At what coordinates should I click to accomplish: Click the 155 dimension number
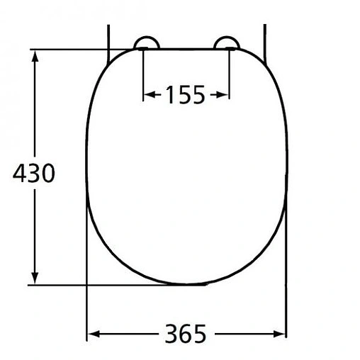[x=185, y=94]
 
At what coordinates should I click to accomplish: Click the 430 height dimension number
[x=33, y=172]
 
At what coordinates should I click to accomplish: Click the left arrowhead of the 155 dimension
[x=148, y=94]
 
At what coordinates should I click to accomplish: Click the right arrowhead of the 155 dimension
[x=225, y=94]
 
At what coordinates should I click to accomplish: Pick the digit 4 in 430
[x=20, y=172]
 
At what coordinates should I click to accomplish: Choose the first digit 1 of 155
[x=169, y=94]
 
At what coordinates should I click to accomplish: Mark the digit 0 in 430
[x=47, y=172]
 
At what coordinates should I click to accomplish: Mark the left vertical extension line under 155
[x=144, y=74]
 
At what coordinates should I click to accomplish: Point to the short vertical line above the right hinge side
[x=265, y=35]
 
